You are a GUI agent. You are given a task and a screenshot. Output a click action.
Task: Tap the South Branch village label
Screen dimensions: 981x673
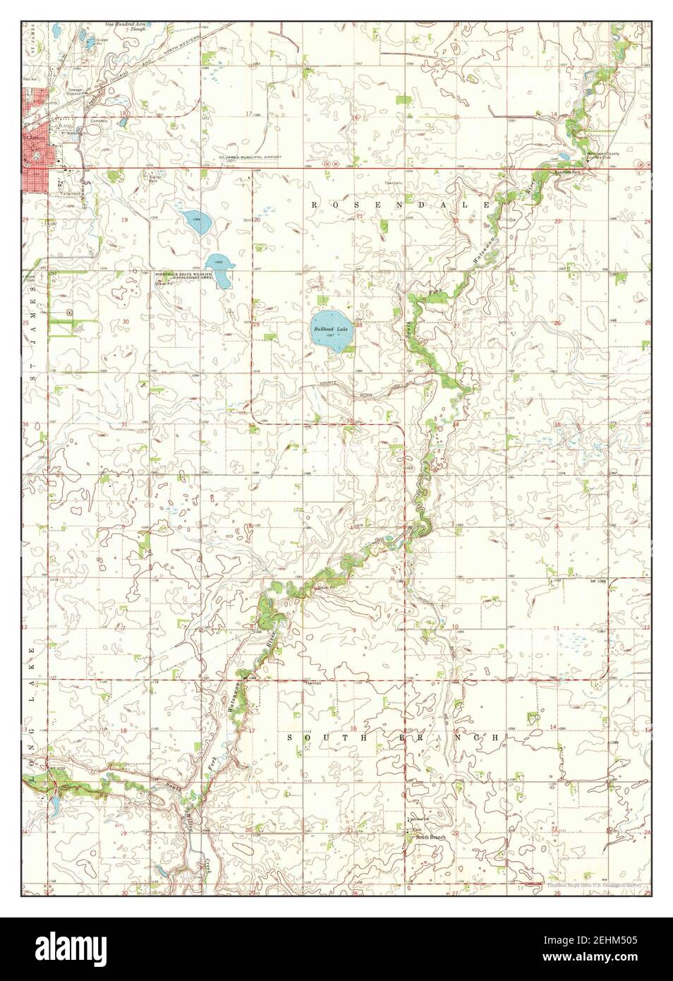431,837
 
